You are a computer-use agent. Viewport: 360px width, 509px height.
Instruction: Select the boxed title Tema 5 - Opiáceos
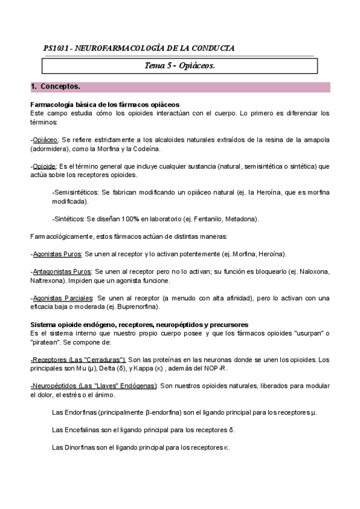[180, 65]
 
